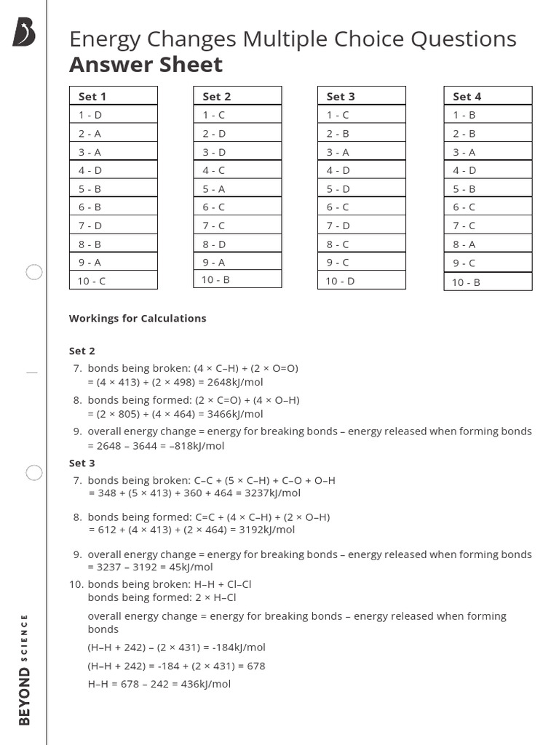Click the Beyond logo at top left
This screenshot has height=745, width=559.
pos(23,33)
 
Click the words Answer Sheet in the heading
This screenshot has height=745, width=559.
pos(146,65)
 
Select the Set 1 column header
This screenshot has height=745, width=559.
pos(113,96)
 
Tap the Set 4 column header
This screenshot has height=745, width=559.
pos(488,96)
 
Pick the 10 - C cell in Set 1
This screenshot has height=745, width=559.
pos(113,281)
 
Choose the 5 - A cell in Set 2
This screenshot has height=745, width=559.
pos(237,188)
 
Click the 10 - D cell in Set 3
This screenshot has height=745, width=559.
pos(361,281)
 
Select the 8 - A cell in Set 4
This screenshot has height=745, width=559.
pos(488,244)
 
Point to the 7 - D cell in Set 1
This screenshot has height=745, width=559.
pos(113,226)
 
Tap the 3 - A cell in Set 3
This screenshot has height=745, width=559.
pos(361,152)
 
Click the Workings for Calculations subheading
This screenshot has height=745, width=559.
pos(138,318)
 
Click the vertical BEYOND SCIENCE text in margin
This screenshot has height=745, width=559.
pos(25,669)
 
